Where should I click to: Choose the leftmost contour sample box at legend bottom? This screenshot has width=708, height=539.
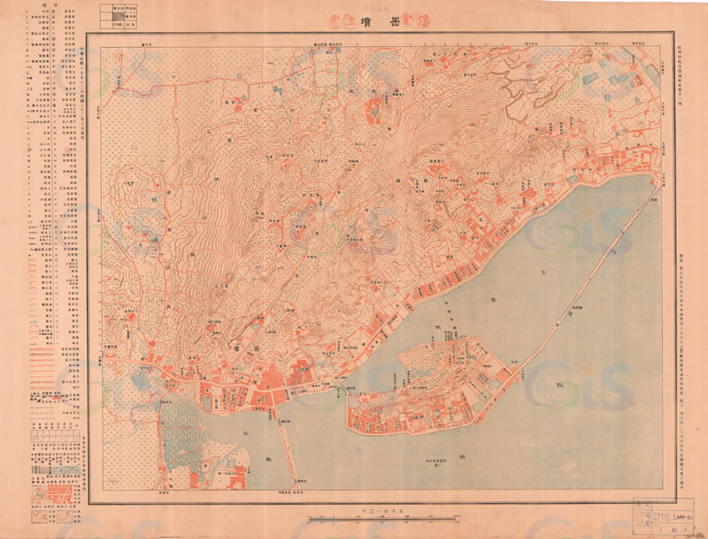37,514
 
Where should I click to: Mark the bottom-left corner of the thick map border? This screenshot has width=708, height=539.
87,504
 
